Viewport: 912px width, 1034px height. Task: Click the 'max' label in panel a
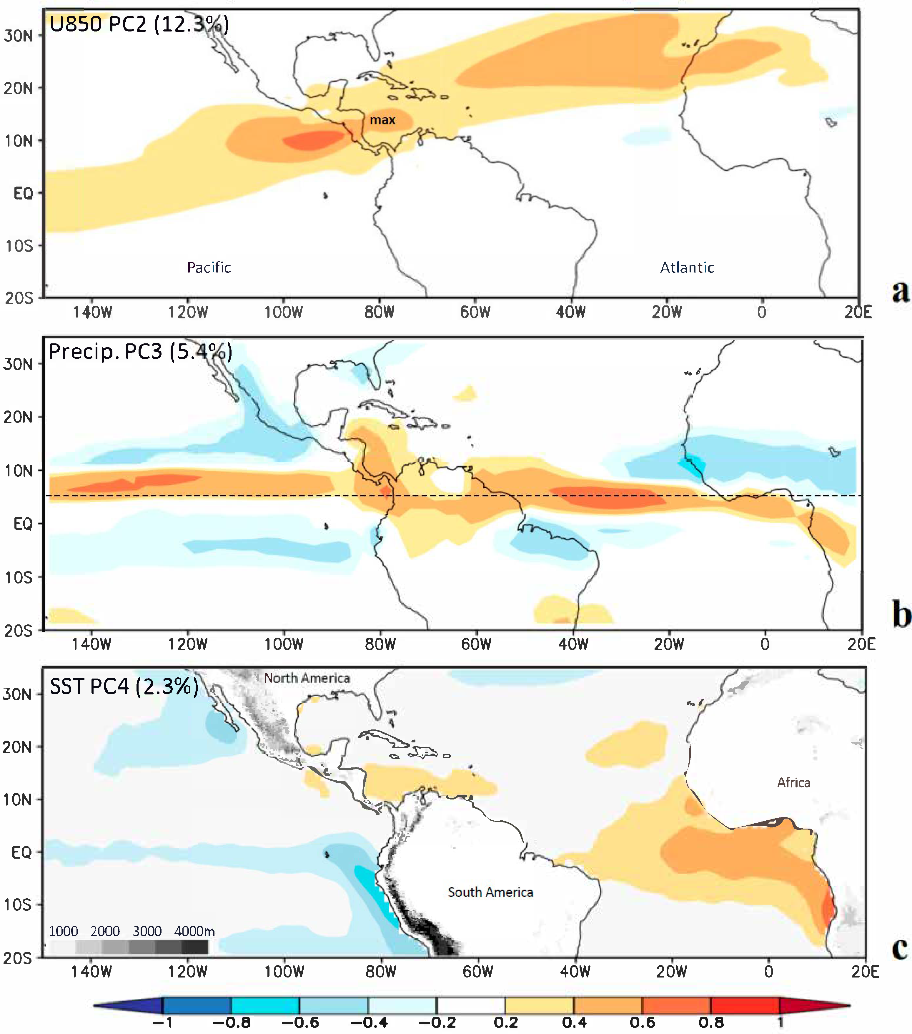[x=382, y=120]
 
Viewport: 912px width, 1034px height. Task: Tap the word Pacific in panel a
[x=209, y=267]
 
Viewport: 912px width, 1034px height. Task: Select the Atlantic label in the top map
[x=687, y=267]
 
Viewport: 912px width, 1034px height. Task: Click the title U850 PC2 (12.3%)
[x=139, y=24]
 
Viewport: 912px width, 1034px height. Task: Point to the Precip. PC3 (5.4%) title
[x=140, y=351]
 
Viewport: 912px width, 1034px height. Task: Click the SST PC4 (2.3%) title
[x=124, y=686]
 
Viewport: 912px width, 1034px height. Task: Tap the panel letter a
[x=900, y=292]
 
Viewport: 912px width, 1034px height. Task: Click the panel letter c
[x=900, y=948]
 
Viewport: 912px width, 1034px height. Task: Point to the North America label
[x=307, y=678]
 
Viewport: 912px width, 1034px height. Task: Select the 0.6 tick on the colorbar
[x=643, y=1022]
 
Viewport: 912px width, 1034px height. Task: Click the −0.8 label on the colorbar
[x=231, y=1022]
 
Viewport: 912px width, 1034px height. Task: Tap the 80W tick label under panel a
[x=380, y=312]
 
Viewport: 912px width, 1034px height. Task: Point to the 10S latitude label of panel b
[x=19, y=577]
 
